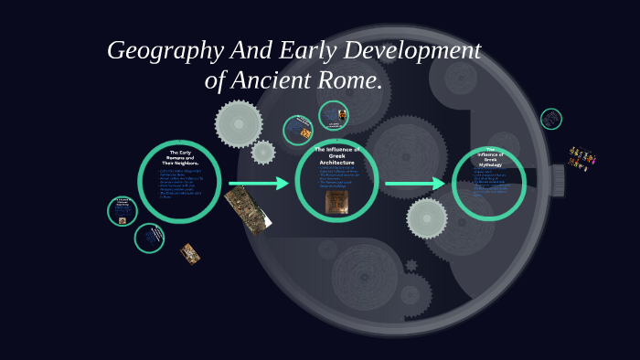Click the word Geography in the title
pyautogui.click(x=164, y=51)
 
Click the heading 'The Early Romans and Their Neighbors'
pyautogui.click(x=179, y=157)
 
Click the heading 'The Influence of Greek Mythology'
pyautogui.click(x=489, y=157)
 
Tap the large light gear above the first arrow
pyautogui.click(x=239, y=124)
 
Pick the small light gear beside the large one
pyautogui.click(x=263, y=152)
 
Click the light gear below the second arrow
pyautogui.click(x=427, y=218)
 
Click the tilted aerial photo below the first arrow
pyautogui.click(x=249, y=208)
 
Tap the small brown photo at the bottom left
pyautogui.click(x=190, y=253)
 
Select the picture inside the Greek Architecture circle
pyautogui.click(x=336, y=202)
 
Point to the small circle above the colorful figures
pyautogui.click(x=550, y=119)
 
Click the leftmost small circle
pyautogui.click(x=122, y=211)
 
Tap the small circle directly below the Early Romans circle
pyautogui.click(x=150, y=238)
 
